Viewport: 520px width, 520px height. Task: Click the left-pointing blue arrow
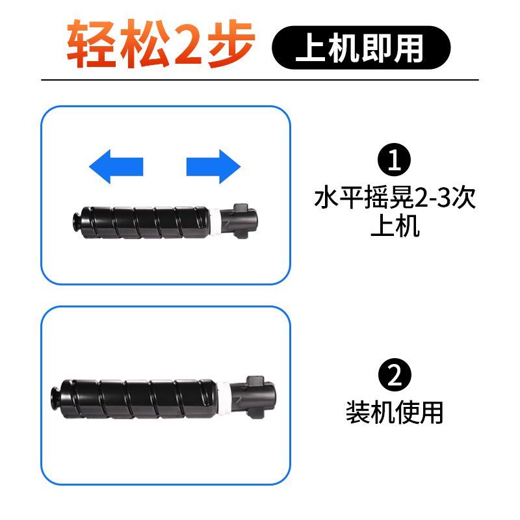click(116, 166)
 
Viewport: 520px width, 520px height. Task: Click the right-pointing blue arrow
click(214, 166)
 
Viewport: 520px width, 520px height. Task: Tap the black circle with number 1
click(394, 159)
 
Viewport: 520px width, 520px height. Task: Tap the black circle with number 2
click(395, 375)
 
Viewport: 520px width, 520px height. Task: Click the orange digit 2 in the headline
click(188, 44)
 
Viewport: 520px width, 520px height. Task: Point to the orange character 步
click(231, 44)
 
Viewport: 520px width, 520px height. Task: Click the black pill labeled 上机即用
click(361, 47)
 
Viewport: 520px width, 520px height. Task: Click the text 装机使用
click(395, 412)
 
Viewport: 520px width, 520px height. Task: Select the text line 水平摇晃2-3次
click(395, 198)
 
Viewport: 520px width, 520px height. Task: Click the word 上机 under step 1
click(395, 226)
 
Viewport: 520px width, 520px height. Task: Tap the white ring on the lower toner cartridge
click(224, 398)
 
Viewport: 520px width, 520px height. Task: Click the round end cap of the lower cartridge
click(57, 398)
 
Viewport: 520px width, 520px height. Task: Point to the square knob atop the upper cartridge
click(240, 209)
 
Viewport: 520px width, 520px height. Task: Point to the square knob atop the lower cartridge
click(255, 381)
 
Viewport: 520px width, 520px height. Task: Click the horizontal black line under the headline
click(260, 80)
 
